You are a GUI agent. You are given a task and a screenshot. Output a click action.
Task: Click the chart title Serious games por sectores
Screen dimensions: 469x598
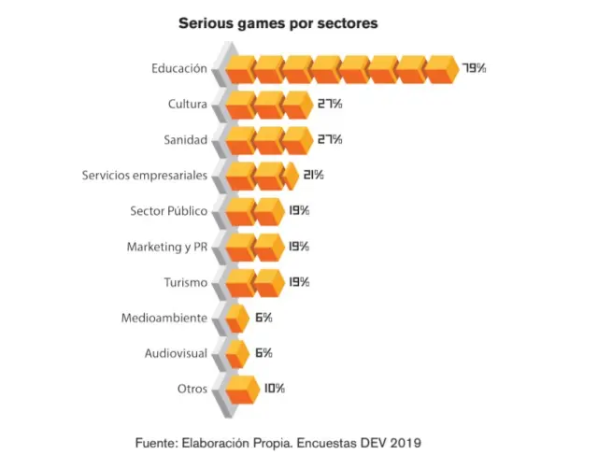point(278,23)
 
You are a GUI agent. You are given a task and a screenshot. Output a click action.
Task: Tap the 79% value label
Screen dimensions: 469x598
point(475,67)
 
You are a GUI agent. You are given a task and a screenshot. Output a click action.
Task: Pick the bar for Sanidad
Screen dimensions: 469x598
point(267,140)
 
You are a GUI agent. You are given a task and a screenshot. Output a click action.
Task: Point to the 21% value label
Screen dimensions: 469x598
point(313,175)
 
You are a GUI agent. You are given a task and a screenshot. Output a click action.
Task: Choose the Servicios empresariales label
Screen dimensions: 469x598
point(144,175)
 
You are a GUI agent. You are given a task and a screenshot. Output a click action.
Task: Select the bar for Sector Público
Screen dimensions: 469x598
point(253,211)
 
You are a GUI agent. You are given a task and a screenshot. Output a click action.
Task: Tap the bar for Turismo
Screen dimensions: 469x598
point(253,282)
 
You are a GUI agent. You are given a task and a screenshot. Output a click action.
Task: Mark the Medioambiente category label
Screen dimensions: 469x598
point(164,318)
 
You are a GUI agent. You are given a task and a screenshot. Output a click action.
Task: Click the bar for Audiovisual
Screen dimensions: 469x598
point(236,353)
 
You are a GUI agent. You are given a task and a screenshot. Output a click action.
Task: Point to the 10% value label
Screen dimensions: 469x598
point(274,389)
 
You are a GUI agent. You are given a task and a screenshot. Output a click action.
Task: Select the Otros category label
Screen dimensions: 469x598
point(192,389)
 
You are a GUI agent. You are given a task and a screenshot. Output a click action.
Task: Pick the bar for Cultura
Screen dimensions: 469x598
point(267,104)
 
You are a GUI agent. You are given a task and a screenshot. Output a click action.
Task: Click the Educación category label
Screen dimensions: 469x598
point(178,68)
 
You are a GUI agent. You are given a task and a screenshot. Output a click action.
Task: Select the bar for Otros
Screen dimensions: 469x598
point(240,389)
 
